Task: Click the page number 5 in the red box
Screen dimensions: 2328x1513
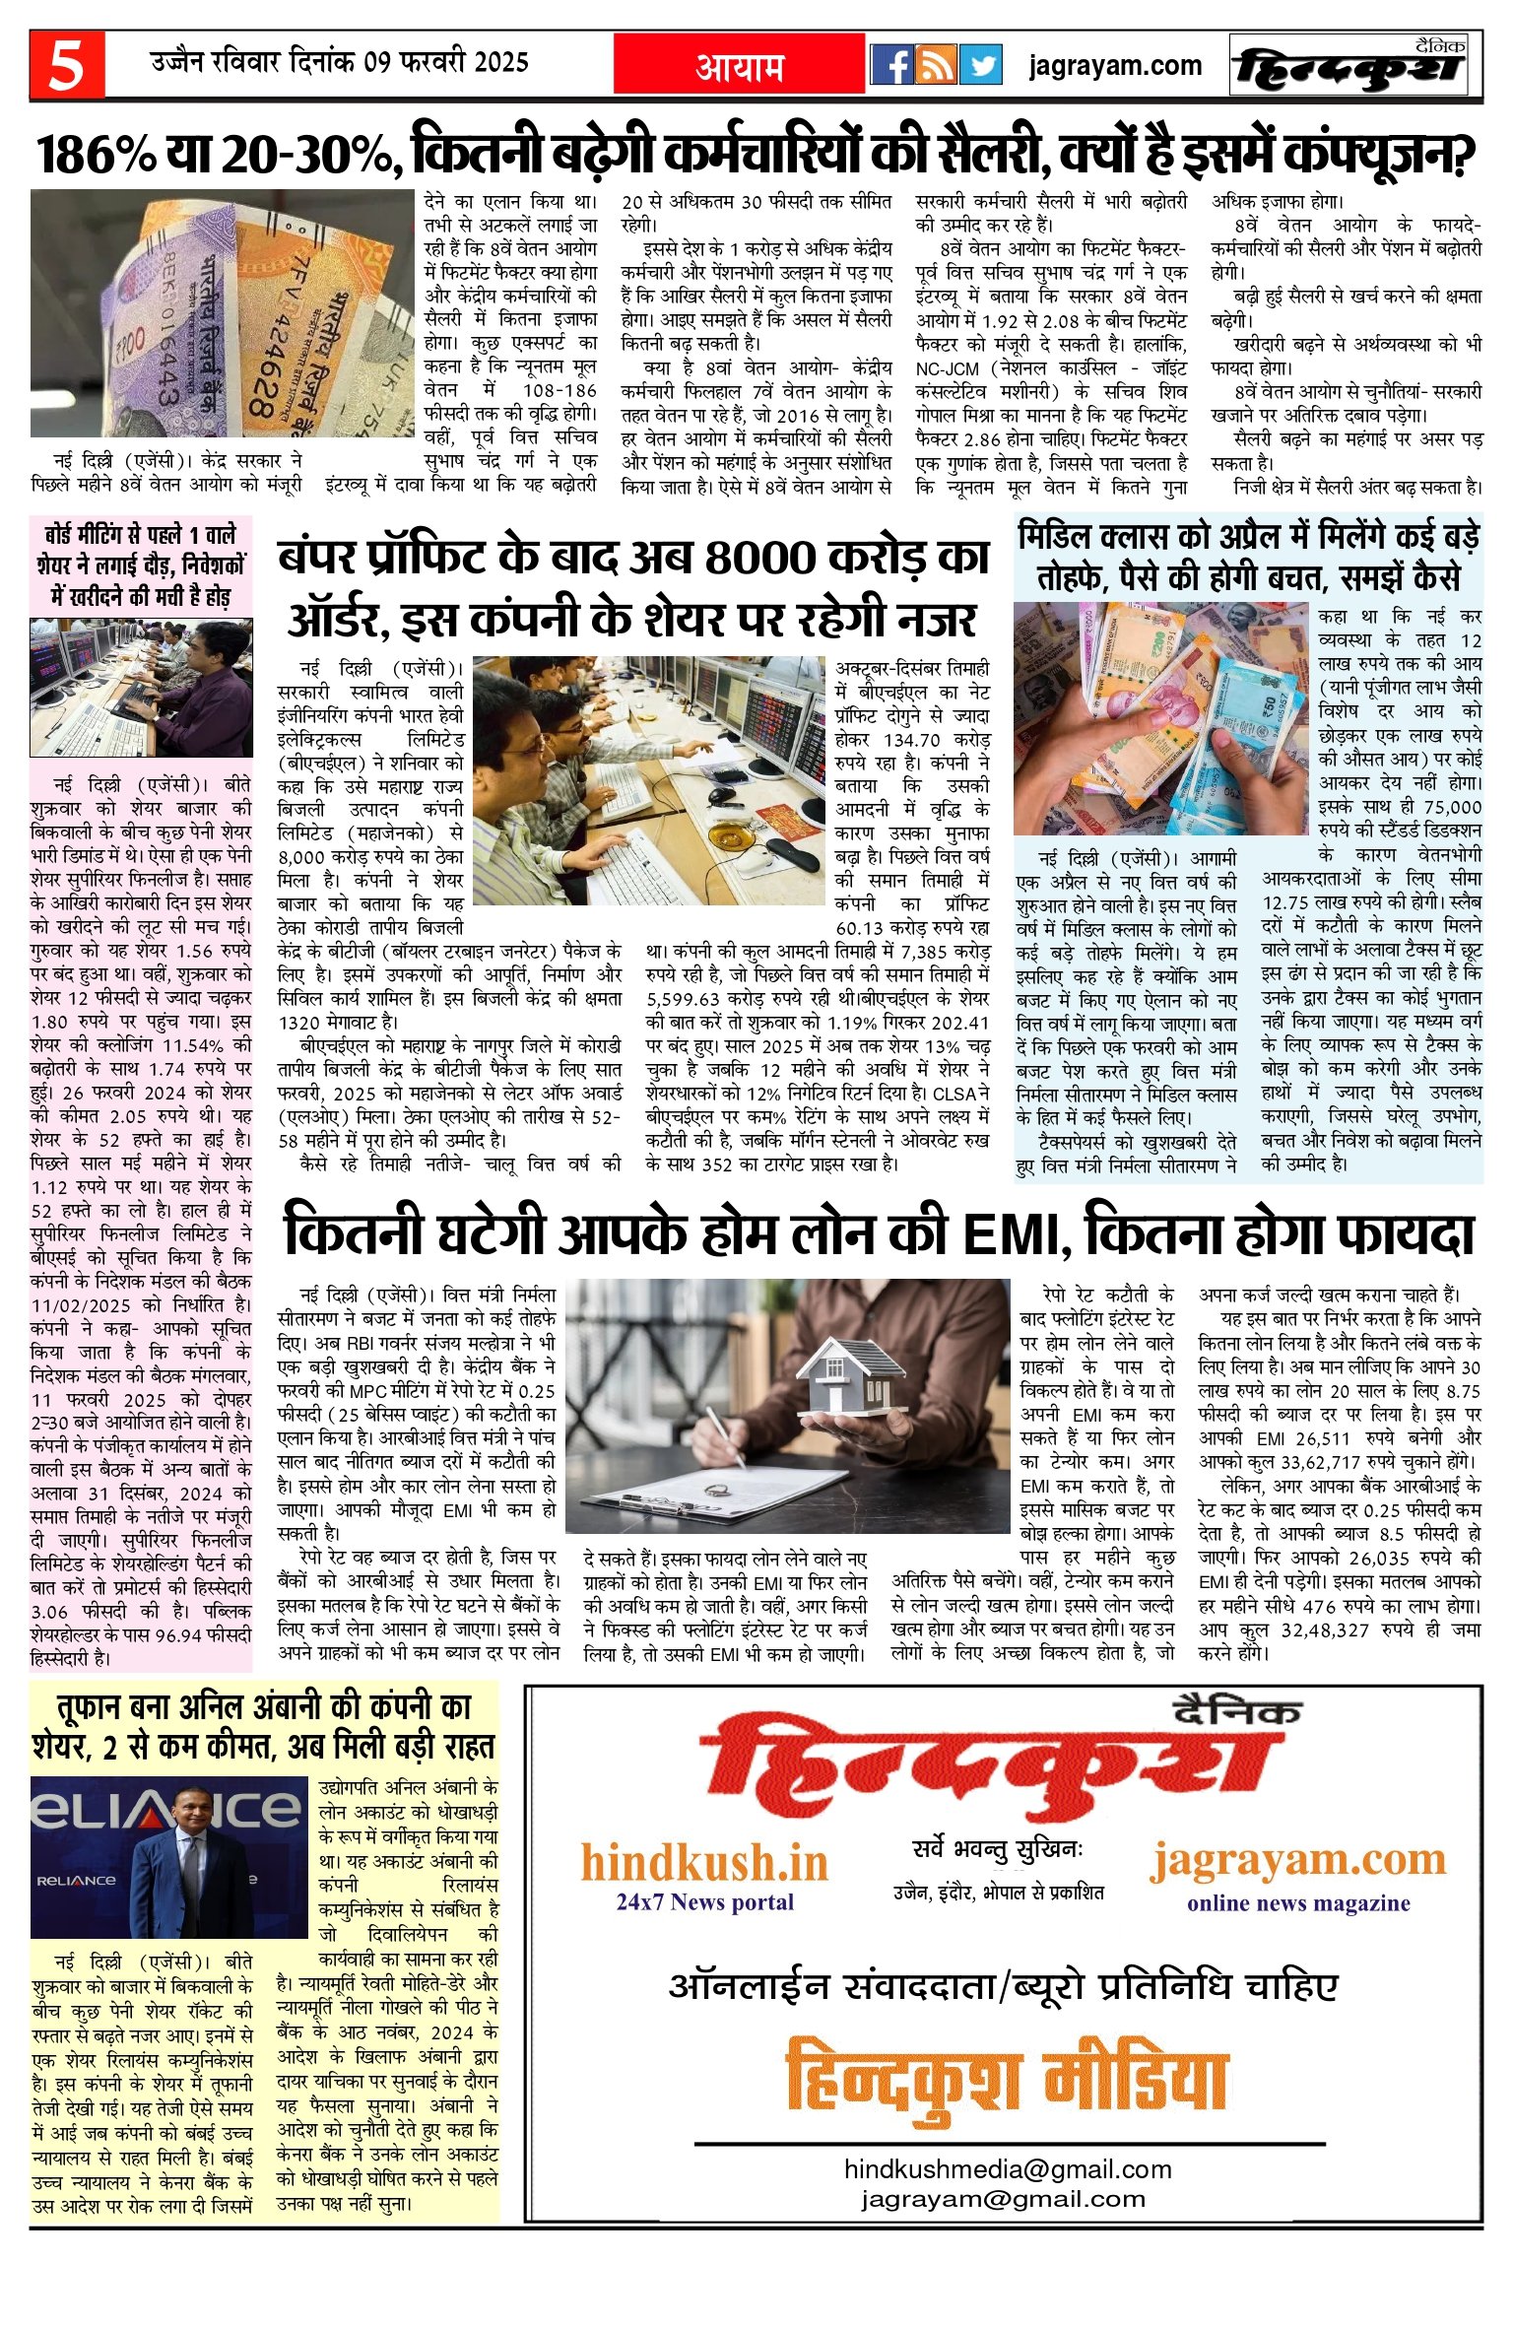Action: [66, 66]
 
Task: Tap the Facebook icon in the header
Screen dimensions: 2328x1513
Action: [892, 66]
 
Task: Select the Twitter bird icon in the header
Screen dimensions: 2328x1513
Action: [980, 66]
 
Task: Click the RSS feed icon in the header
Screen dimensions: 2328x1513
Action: [937, 66]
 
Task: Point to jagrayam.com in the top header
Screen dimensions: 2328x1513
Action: [1115, 66]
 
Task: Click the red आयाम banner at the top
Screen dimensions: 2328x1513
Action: [739, 66]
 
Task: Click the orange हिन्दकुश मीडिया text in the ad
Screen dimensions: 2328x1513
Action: [1006, 2082]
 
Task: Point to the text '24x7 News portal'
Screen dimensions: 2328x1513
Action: [704, 1901]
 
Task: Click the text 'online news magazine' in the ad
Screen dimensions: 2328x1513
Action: [1297, 1902]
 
